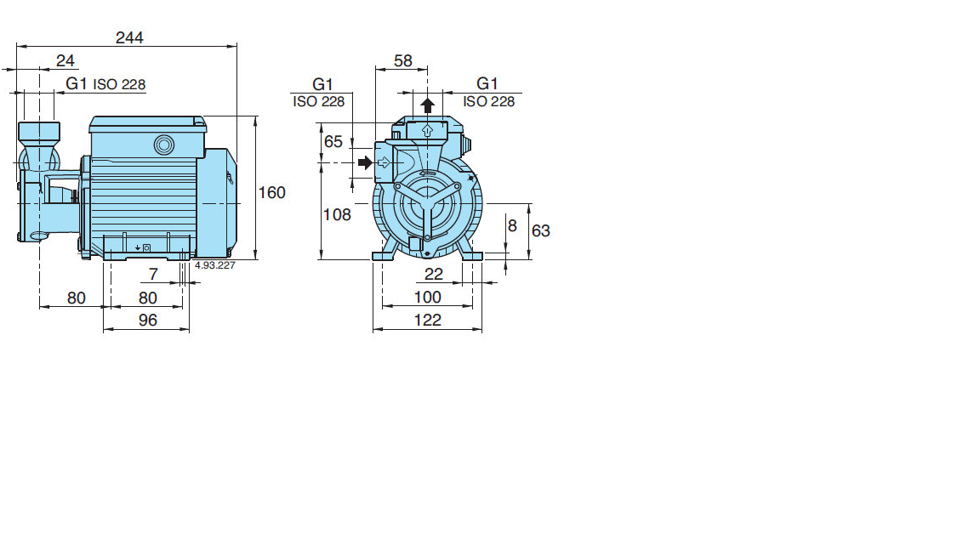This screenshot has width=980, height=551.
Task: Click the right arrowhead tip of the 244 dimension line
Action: [x=236, y=46]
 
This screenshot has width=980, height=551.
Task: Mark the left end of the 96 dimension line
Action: [x=103, y=329]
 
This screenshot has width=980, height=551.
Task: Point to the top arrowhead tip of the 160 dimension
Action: [x=255, y=116]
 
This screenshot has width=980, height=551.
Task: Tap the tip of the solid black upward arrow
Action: [x=428, y=98]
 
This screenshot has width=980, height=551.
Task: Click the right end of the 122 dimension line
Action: [x=481, y=328]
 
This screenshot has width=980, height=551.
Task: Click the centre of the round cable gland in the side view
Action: [x=164, y=145]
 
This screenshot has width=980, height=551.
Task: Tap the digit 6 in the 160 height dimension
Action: [x=272, y=192]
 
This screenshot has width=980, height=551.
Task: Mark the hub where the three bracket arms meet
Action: [x=427, y=204]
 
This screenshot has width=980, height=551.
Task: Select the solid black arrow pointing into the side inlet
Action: [x=365, y=163]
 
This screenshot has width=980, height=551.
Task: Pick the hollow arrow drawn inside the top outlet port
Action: [x=428, y=131]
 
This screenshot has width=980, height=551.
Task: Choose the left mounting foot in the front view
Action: [x=385, y=249]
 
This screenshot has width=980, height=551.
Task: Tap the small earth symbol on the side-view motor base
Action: [x=138, y=248]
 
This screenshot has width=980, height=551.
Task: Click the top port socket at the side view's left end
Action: [x=39, y=132]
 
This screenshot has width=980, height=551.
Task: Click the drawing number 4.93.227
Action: [x=215, y=265]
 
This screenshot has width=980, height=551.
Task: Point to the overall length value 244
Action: [x=129, y=37]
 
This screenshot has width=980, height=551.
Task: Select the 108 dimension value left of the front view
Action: [x=337, y=215]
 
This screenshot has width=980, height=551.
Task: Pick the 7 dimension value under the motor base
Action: [x=153, y=275]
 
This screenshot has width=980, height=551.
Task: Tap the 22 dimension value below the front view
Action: [x=434, y=275]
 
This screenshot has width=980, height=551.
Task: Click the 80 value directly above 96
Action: [x=147, y=298]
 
